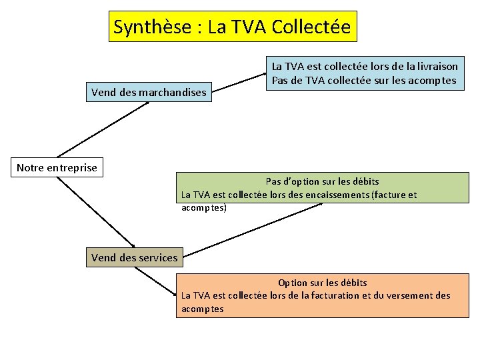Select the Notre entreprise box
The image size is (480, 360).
click(57, 167)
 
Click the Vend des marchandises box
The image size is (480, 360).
click(149, 92)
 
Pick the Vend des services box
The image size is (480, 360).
click(134, 257)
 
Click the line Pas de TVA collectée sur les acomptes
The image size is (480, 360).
click(363, 81)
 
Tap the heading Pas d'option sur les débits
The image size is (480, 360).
click(322, 181)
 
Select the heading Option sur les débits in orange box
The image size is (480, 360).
click(322, 283)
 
